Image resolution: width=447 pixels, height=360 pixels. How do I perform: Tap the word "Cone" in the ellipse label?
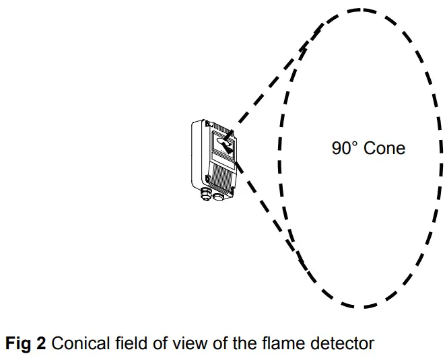[x=384, y=148]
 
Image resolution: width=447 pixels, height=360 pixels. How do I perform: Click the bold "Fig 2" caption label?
[x=26, y=345]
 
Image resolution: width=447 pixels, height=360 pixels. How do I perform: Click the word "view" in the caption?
[x=173, y=345]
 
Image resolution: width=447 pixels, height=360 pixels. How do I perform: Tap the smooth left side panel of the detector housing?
[x=198, y=155]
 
